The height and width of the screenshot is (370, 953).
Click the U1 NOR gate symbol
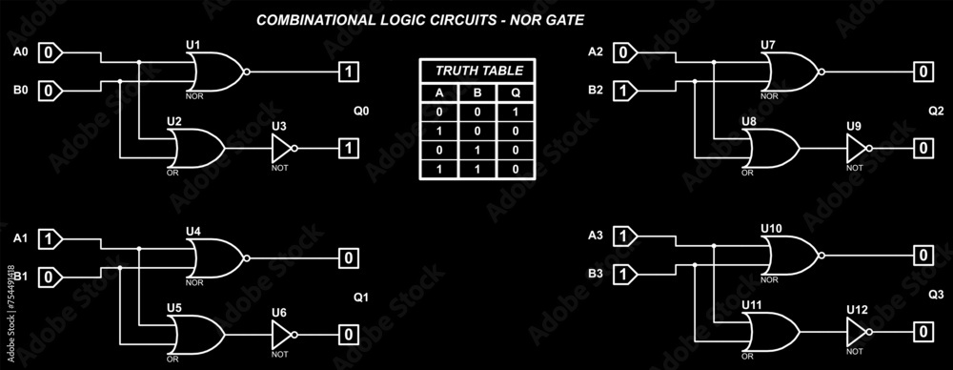(216, 72)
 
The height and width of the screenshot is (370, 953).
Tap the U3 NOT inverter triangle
(282, 148)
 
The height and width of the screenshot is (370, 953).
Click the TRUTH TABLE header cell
(478, 72)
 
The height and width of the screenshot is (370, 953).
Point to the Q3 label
(935, 294)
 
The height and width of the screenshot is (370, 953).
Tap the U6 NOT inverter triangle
(282, 334)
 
